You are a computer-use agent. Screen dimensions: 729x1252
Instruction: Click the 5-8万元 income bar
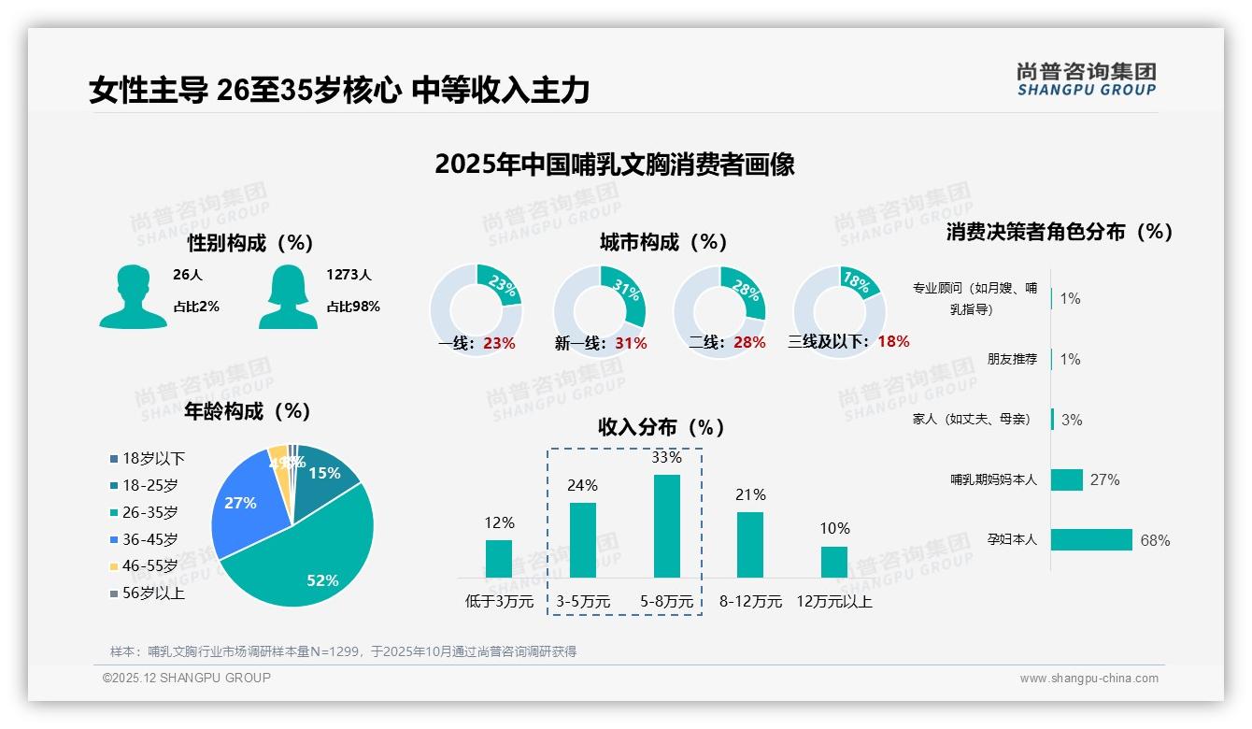(666, 525)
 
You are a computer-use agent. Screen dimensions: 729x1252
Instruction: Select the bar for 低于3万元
(499, 558)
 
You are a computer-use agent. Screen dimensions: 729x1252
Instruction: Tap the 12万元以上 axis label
(833, 602)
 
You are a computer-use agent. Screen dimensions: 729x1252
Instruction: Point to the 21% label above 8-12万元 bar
(750, 494)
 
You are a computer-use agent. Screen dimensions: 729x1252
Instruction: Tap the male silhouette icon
(133, 296)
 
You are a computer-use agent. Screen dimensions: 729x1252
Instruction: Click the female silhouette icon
(288, 296)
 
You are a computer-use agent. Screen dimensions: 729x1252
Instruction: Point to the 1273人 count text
(349, 275)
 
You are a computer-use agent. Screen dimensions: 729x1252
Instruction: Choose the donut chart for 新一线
(600, 311)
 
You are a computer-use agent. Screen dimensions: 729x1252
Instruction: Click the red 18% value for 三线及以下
(893, 341)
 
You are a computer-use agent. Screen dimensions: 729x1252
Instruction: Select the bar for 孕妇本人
(1091, 539)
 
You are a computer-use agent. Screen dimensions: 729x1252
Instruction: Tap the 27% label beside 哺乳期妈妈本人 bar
(1104, 479)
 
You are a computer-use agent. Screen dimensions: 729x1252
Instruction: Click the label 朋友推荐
(1012, 359)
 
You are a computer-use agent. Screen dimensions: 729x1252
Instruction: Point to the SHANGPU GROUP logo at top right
(1086, 79)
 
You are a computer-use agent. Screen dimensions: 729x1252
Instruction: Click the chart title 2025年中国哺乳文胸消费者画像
(614, 164)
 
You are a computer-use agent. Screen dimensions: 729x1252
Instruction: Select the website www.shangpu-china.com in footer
(1088, 679)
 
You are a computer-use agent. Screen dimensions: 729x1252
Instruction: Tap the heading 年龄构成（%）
(247, 410)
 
